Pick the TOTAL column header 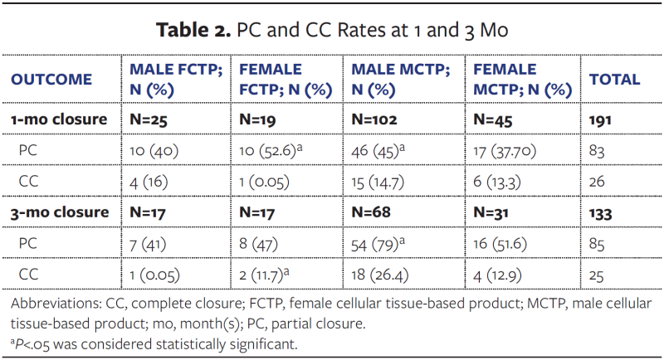click(x=614, y=80)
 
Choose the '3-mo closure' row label click(x=59, y=212)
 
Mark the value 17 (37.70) click(x=505, y=150)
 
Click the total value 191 click(x=600, y=119)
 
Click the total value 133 click(x=600, y=212)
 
